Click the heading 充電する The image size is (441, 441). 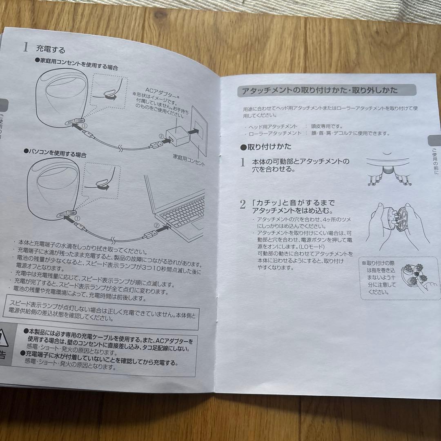pos(51,49)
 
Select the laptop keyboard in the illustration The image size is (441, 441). pos(183,210)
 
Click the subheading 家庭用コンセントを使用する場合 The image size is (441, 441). pos(77,65)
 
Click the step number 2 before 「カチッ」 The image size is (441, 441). pos(243,205)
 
